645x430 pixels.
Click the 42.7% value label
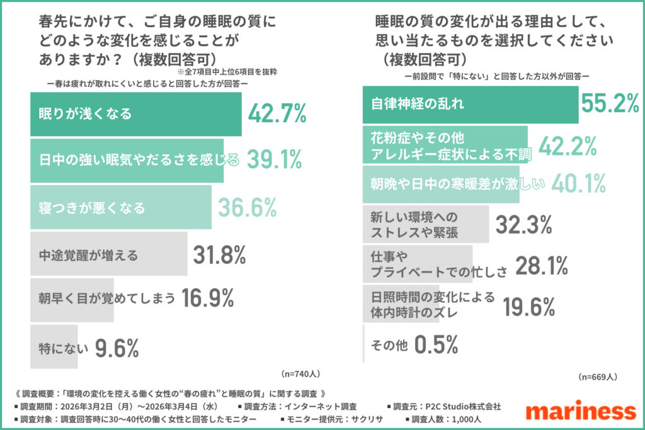click(277, 114)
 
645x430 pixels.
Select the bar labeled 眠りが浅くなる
click(135, 114)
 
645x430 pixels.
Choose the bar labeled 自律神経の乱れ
click(471, 105)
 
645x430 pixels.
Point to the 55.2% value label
click(610, 105)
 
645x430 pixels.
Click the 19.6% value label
click(528, 306)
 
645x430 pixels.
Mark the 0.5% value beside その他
click(436, 345)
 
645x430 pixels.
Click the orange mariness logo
click(580, 411)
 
